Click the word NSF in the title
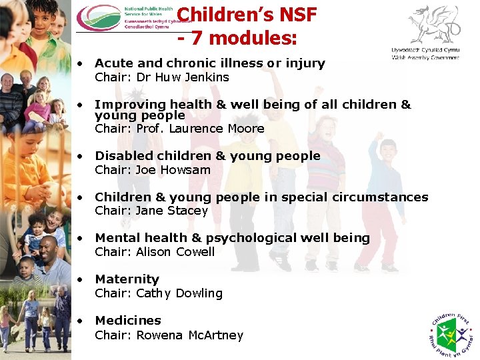293,15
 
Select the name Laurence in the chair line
195,129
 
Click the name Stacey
192,211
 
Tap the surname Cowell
195,252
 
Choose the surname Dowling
199,293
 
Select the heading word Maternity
127,279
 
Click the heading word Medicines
128,321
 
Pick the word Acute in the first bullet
113,63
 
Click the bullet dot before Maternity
80,279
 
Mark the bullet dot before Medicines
80,321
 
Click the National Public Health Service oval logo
99,18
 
